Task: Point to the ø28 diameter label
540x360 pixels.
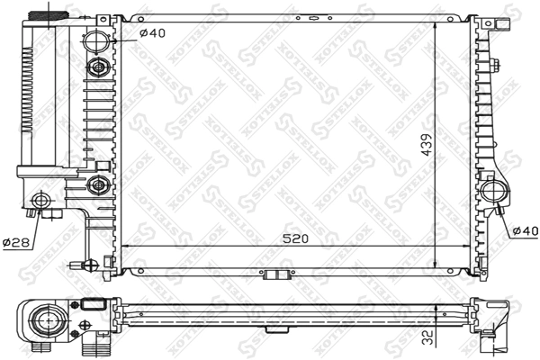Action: click(x=14, y=243)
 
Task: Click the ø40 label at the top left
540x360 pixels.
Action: click(x=152, y=34)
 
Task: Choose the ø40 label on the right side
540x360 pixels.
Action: click(x=525, y=231)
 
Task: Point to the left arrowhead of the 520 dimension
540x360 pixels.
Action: click(x=123, y=246)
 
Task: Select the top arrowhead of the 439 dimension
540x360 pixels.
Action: click(x=437, y=19)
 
